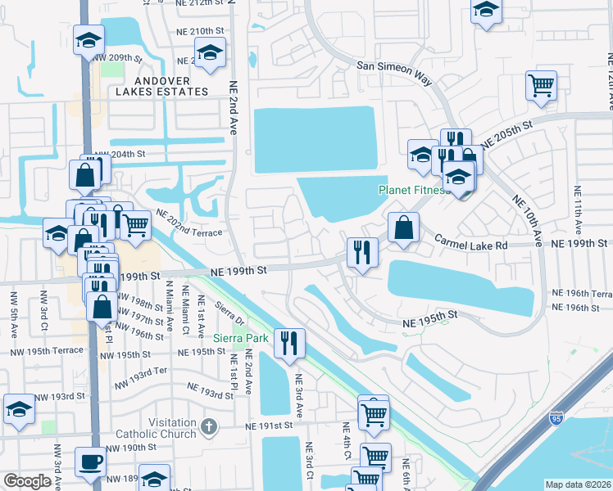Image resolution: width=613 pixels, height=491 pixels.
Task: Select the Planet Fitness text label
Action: (x=413, y=191)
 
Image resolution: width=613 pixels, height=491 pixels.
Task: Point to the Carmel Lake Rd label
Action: (x=471, y=244)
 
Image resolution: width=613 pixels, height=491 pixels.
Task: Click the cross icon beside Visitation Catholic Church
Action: (x=209, y=426)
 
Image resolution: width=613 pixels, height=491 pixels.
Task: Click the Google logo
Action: (x=27, y=480)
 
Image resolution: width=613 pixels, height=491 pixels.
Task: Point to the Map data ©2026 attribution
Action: (x=579, y=484)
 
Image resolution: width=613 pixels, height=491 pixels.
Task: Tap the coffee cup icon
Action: (x=90, y=461)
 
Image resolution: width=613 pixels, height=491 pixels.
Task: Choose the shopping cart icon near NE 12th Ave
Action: (x=541, y=84)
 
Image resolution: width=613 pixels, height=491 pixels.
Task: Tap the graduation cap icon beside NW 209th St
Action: (x=89, y=39)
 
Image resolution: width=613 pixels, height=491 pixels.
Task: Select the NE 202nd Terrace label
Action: (x=188, y=226)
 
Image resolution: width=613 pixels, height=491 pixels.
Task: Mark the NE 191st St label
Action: (x=271, y=426)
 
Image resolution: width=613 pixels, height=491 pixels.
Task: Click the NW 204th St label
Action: (x=120, y=154)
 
